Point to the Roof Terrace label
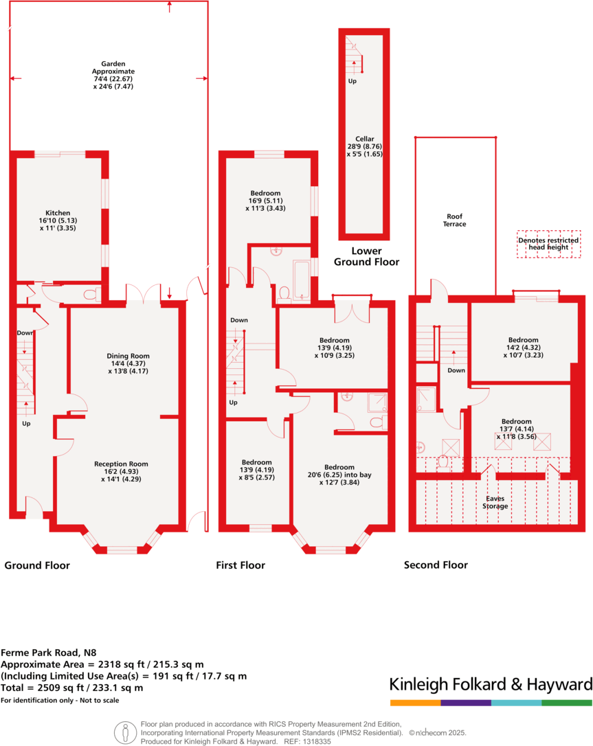[454, 220]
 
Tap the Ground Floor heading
[37, 565]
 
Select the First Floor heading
[240, 565]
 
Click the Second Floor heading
[436, 565]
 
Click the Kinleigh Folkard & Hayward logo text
[491, 684]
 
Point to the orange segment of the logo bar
[415, 703]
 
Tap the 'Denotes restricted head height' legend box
[548, 245]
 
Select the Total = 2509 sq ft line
[72, 688]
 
